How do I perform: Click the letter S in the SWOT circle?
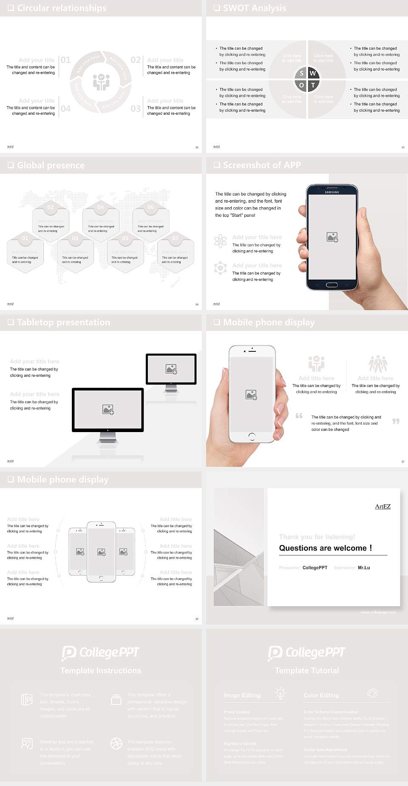pos(301,73)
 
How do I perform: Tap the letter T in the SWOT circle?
pos(313,85)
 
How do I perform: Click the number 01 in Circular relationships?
pos(65,60)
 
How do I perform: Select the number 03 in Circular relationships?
pos(136,109)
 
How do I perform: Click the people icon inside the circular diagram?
pos(101,82)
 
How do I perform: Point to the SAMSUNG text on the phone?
pos(332,192)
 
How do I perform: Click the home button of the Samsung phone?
pos(332,285)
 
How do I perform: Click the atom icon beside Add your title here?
pos(220,241)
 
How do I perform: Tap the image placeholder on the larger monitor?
pos(108,410)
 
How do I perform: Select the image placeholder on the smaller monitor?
pos(171,369)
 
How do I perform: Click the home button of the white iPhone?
pos(252,436)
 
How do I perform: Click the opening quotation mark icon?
pos(299,416)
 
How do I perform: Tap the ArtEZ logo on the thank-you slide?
pos(382,506)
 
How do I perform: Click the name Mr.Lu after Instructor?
pos(364,568)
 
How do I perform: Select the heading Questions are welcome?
pos(325,548)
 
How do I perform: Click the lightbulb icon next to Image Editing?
pos(280,693)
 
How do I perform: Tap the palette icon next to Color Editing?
pos(372,693)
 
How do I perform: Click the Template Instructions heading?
pos(101,670)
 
